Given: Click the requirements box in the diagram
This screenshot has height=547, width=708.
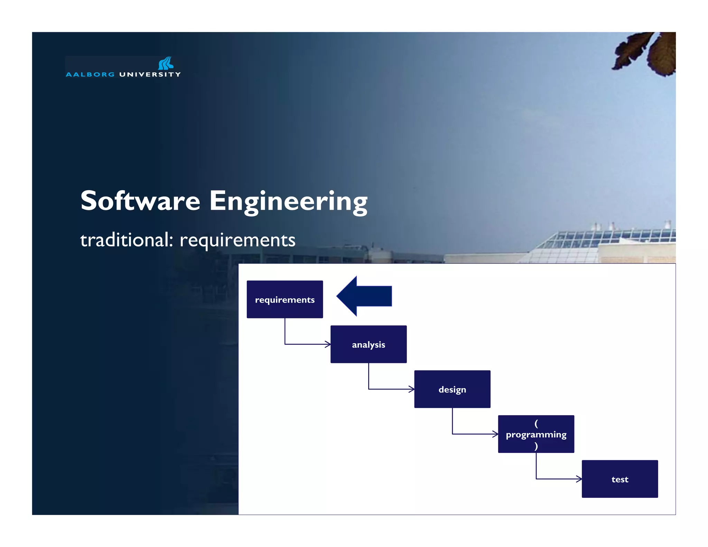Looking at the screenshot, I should coord(285,299).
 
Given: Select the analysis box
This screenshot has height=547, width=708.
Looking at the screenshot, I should coord(368,344).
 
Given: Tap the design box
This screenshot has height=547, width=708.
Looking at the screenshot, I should coord(452,389).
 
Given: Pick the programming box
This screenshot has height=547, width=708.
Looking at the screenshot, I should coord(536,434).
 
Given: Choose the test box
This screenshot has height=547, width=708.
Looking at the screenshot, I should coord(619,479).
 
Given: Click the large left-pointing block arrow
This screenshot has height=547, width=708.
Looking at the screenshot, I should coord(364,296).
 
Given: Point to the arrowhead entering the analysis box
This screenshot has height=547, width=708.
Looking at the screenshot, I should coord(328,344).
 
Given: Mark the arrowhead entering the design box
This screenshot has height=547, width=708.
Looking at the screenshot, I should coord(411,389).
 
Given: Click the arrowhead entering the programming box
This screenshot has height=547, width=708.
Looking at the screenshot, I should coord(495,434).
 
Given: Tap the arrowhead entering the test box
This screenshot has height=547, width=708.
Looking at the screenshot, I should coord(579,479).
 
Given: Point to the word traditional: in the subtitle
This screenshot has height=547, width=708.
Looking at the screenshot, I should coord(126,240).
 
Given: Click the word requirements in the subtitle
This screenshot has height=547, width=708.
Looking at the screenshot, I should coord(237,240).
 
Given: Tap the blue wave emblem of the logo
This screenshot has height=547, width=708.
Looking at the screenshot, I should coord(166,63).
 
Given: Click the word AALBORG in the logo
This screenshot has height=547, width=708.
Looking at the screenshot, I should coord(90,75).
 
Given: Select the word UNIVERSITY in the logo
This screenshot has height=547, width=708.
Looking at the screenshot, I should coord(150,75).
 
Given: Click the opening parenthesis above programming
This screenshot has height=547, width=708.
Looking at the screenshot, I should coord(536,423).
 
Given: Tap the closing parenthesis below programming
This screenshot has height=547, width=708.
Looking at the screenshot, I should coord(536,446).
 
